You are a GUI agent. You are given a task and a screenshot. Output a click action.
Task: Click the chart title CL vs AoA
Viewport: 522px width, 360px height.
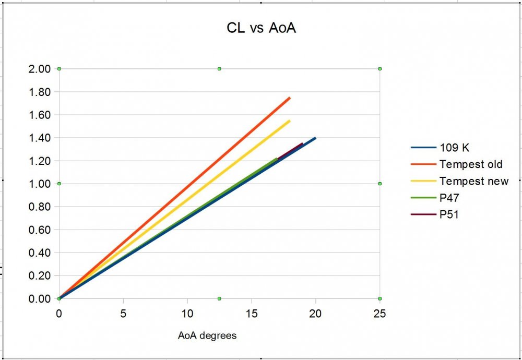[261, 28]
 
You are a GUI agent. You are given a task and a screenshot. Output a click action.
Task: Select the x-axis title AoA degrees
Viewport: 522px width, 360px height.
[207, 335]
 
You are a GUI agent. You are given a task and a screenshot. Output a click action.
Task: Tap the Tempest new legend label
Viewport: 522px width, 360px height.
[473, 181]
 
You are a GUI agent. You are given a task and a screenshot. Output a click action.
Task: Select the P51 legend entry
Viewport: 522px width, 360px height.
[449, 214]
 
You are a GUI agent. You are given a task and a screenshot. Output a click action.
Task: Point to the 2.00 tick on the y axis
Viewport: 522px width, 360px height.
[40, 69]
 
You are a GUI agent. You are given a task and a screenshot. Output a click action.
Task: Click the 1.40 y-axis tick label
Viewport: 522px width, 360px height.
[40, 138]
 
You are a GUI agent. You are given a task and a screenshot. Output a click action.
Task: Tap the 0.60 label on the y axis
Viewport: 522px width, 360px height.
[40, 230]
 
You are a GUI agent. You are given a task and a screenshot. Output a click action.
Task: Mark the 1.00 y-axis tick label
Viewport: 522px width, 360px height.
[40, 184]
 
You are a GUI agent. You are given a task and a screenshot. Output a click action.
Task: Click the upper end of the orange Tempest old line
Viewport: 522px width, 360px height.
[290, 98]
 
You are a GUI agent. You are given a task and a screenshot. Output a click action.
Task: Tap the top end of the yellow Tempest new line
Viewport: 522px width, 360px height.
[290, 121]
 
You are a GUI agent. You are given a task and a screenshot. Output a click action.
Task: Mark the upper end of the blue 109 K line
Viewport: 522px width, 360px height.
[315, 138]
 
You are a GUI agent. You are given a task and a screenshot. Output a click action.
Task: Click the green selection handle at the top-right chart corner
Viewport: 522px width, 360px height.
[380, 69]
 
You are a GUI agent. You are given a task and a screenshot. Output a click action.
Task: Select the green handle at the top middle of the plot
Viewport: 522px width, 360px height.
[219, 69]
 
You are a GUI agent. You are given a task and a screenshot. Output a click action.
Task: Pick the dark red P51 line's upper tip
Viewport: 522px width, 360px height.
[302, 143]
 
